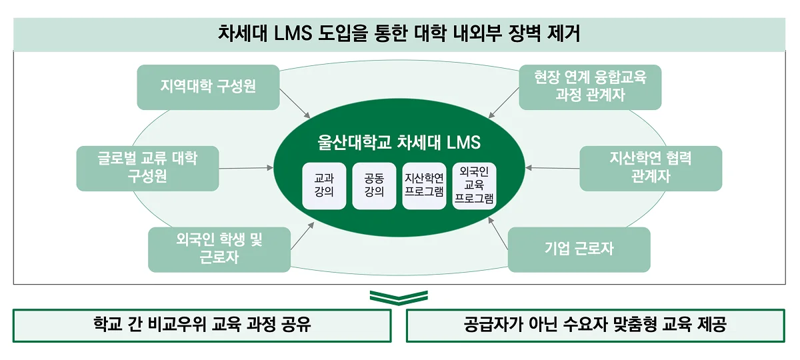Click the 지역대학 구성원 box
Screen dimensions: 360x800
point(208,87)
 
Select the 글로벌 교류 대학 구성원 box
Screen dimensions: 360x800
point(147,168)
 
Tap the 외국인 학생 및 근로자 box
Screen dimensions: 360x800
point(219,249)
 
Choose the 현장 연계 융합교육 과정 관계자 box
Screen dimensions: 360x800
point(590,87)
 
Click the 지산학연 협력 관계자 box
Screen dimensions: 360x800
point(651,168)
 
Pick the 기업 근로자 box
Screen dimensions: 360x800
point(579,249)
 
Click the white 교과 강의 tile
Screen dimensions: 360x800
point(324,186)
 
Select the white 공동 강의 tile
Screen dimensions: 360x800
point(374,186)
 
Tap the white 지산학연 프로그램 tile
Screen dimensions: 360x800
point(424,186)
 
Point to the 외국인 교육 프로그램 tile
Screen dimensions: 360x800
point(474,186)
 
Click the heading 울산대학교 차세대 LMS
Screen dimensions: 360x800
point(399,143)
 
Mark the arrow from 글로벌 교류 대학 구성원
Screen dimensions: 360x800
point(247,168)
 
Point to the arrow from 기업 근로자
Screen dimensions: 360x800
point(499,237)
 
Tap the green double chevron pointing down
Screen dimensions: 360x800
point(399,297)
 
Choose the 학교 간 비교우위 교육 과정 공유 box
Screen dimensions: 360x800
point(202,325)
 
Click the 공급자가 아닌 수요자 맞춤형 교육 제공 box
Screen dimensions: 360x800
point(595,325)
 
